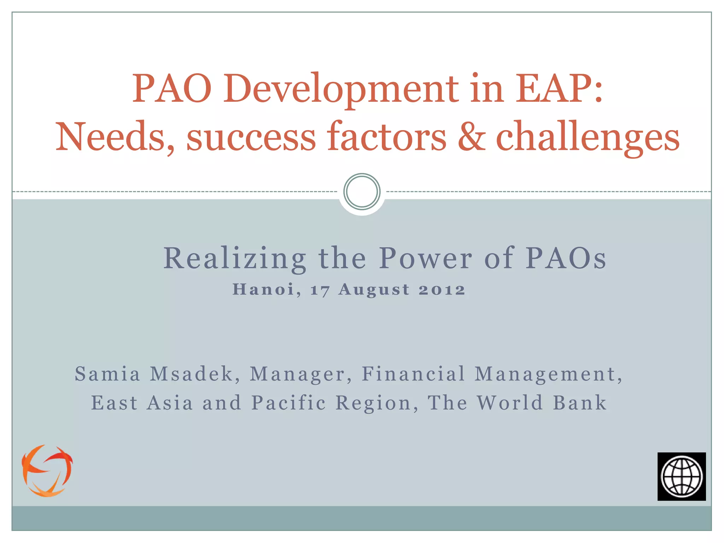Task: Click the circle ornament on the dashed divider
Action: (x=362, y=192)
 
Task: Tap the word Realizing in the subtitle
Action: (x=235, y=258)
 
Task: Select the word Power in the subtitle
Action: (x=425, y=258)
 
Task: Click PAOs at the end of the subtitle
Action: (x=566, y=258)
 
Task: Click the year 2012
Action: (x=442, y=290)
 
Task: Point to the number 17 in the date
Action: (x=320, y=290)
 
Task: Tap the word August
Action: (x=374, y=290)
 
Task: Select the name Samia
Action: (x=108, y=374)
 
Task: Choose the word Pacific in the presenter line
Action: (x=289, y=403)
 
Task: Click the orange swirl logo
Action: (x=47, y=471)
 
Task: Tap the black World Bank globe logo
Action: (x=681, y=476)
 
